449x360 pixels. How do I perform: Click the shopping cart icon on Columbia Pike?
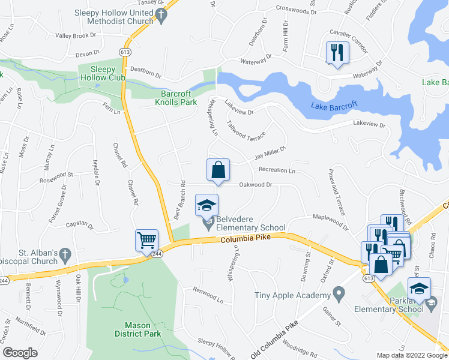coord(147,241)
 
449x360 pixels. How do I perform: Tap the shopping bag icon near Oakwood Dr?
coord(218,170)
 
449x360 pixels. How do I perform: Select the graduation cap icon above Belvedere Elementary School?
coord(206,205)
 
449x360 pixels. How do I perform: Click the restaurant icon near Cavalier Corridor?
coord(336,52)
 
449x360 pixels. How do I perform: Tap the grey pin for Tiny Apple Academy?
coord(339,295)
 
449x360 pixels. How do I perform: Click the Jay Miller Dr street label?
coord(271,152)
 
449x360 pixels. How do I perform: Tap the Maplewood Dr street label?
coord(329,221)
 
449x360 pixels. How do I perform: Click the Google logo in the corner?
coord(21,353)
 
